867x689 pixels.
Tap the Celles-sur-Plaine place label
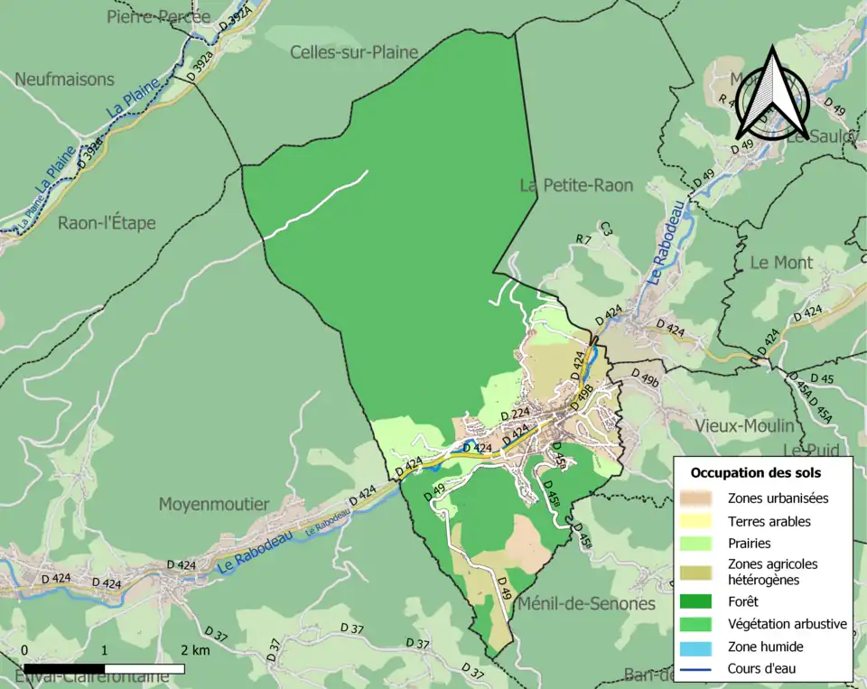[354, 52]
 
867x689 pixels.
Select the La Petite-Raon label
[576, 185]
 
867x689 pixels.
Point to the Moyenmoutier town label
[214, 503]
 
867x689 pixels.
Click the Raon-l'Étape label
[107, 223]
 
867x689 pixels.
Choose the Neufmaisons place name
[64, 79]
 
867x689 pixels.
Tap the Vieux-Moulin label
[745, 425]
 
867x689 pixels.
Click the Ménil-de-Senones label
[586, 603]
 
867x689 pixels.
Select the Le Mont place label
[781, 263]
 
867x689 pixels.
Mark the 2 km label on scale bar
[194, 650]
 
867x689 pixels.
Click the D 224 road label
[515, 414]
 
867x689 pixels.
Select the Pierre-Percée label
[158, 16]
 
